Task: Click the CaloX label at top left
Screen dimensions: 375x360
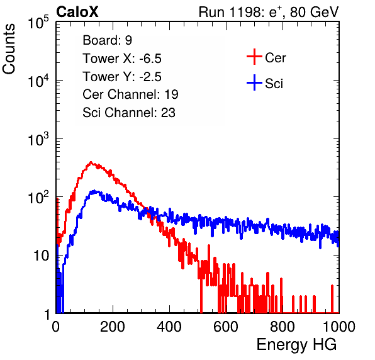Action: (77, 12)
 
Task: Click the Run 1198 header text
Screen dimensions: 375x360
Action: (269, 12)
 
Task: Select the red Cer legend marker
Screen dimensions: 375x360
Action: (254, 57)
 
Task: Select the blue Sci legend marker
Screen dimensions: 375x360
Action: (254, 83)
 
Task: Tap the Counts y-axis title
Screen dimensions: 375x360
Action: (9, 49)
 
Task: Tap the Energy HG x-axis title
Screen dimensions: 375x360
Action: (296, 345)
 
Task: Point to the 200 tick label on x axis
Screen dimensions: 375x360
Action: (113, 327)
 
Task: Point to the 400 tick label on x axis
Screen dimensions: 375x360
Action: (169, 327)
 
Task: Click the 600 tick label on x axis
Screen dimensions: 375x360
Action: (226, 327)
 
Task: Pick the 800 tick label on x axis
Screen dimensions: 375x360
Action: (283, 327)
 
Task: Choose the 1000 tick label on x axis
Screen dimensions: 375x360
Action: (339, 327)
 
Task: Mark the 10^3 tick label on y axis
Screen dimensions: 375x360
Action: (38, 138)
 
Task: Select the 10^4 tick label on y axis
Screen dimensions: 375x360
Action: (38, 81)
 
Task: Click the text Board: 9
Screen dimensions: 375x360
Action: (108, 40)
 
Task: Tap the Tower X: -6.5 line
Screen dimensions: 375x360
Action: (122, 59)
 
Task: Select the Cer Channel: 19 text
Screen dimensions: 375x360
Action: (130, 94)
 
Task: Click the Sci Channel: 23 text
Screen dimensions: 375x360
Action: (129, 113)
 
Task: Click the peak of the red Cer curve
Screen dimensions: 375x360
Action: (91, 162)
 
